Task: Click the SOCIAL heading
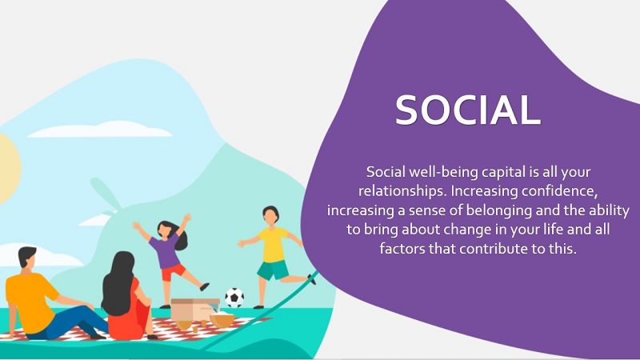click(468, 110)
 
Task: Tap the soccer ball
click(234, 298)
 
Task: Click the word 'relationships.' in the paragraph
click(403, 191)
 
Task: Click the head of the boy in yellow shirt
click(270, 215)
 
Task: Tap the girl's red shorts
click(173, 272)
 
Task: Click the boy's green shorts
click(273, 270)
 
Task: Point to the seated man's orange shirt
click(30, 302)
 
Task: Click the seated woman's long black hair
click(118, 283)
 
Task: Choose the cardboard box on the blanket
click(194, 310)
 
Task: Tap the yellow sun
click(8, 169)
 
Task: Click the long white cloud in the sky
click(101, 130)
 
